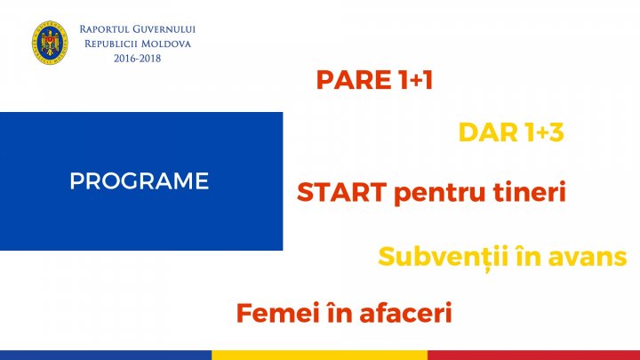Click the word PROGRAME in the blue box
tap(139, 181)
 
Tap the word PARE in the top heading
tap(353, 81)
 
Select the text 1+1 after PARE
tap(413, 81)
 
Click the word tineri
tap(531, 193)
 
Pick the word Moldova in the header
tap(166, 44)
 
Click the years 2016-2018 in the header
tap(137, 58)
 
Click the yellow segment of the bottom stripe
tap(319, 354)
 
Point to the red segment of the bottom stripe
tap(533, 354)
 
